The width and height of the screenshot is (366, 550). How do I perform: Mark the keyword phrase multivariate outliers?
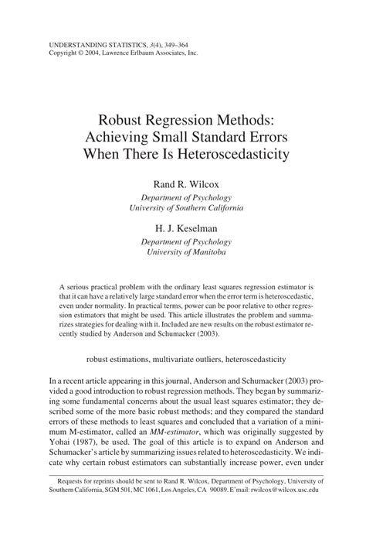pyautogui.click(x=188, y=359)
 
